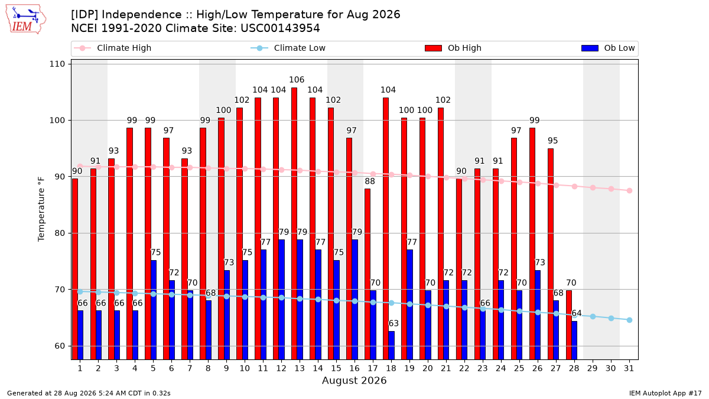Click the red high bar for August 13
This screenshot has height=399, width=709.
pos(294,223)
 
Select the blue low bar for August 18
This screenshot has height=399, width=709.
pos(391,345)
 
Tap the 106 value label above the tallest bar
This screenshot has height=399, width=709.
pos(297,80)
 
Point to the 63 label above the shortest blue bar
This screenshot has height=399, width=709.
pos(393,323)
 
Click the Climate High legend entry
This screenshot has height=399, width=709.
pos(112,48)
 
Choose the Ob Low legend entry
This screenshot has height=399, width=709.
pos(608,48)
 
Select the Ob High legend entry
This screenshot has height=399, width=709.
pos(453,48)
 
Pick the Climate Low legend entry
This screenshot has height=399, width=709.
pos(288,48)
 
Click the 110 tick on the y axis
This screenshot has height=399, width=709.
pos(57,64)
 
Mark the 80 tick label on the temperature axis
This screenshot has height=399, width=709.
pos(60,233)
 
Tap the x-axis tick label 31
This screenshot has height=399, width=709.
pos(629,368)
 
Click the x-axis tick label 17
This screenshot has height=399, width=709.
pos(373,368)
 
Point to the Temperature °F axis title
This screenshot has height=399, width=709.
pos(41,209)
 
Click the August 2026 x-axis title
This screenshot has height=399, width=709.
pos(354,380)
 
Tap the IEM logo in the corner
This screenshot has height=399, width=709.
pos(25,20)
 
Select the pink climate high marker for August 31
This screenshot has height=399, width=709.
pos(630,190)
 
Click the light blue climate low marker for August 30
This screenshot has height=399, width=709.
pos(611,318)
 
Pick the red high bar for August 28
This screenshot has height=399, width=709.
pos(569,325)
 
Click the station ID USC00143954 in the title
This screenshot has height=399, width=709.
pos(280,28)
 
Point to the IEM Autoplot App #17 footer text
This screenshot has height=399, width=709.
pos(665,393)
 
